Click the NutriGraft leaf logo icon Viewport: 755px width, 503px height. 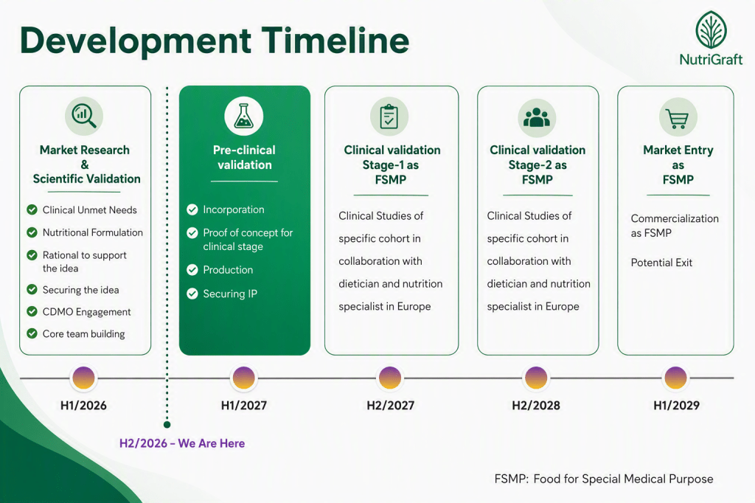point(711,30)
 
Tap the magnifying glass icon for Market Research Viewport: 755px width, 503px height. point(84,116)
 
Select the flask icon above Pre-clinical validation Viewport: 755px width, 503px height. point(243,116)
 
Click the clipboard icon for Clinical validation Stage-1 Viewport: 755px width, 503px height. point(389,117)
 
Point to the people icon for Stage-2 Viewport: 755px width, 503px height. point(537,117)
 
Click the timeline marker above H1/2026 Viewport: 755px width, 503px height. point(84,378)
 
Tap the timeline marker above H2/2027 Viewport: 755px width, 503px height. point(390,378)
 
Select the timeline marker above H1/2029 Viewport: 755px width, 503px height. point(675,378)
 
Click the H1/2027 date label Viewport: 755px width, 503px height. point(243,406)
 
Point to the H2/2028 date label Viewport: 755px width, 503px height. point(536,406)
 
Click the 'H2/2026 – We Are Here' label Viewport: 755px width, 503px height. point(182,443)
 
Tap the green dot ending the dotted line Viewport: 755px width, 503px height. point(167,425)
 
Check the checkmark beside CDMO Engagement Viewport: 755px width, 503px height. point(32,311)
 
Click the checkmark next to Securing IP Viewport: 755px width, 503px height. point(192,294)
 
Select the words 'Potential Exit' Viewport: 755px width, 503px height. point(661,263)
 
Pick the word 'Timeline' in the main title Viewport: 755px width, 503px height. point(335,41)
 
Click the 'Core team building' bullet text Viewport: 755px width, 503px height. point(84,334)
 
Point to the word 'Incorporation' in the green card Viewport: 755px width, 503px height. point(234,209)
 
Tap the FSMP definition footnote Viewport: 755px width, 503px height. point(604,479)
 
